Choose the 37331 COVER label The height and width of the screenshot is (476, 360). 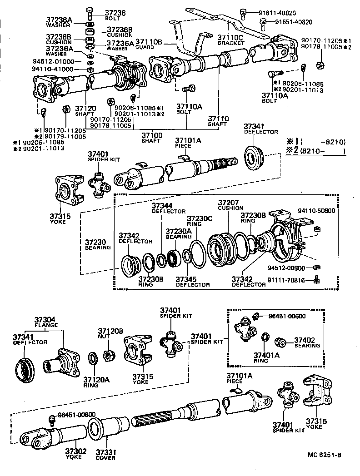[x=105, y=454]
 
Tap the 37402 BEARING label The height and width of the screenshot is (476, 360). [x=306, y=342]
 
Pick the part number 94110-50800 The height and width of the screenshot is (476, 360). [x=316, y=211]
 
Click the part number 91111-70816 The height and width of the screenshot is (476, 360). [x=292, y=281]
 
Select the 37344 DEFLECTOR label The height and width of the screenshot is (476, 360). [x=168, y=208]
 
